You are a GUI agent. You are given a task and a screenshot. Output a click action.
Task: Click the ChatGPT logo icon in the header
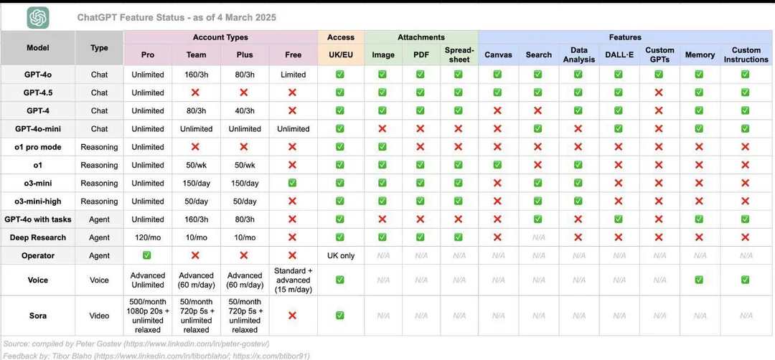click(x=38, y=17)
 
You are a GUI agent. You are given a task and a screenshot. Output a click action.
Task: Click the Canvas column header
click(x=498, y=55)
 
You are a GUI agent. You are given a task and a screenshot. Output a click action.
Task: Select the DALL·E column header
click(x=618, y=55)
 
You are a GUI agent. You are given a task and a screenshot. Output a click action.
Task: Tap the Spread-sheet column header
click(x=459, y=55)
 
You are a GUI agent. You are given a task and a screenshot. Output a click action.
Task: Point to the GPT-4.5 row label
click(x=37, y=93)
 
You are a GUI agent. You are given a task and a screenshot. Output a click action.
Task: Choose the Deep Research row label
click(x=37, y=237)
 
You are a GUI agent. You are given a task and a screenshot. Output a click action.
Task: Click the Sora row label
click(x=37, y=316)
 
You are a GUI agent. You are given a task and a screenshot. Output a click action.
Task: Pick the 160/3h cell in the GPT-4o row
click(x=196, y=75)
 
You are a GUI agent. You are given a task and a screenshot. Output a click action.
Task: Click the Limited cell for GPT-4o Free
click(x=293, y=75)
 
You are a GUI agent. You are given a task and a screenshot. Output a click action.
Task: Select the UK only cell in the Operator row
click(x=340, y=256)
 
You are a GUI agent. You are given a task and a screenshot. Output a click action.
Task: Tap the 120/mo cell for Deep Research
click(x=148, y=237)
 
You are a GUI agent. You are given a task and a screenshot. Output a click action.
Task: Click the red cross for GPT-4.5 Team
click(x=196, y=93)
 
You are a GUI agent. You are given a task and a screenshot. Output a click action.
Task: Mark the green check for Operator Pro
click(x=148, y=256)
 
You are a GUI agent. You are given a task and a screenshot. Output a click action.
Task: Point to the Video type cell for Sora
click(x=99, y=316)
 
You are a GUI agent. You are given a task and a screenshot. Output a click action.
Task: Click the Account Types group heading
click(x=220, y=37)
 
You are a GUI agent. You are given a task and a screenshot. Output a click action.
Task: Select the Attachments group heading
click(x=421, y=37)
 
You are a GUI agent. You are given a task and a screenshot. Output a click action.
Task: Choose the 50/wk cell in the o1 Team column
click(x=196, y=165)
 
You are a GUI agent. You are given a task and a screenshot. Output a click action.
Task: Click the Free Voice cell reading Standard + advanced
click(x=293, y=280)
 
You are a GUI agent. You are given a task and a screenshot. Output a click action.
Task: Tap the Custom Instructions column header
click(x=746, y=55)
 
